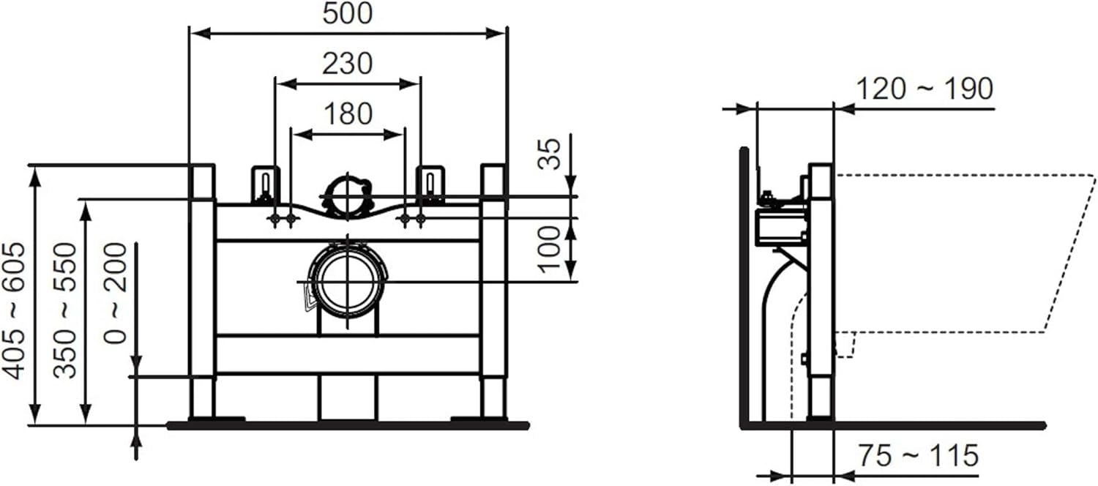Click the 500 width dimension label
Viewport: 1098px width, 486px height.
point(348,13)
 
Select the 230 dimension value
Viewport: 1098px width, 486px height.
point(348,64)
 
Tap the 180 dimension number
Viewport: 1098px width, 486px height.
point(348,113)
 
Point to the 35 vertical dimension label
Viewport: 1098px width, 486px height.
point(549,154)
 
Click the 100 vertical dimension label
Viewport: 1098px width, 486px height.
point(549,249)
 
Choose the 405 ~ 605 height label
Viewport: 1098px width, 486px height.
point(14,311)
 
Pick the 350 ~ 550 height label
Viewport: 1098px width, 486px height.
point(65,311)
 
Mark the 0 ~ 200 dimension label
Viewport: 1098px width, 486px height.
point(116,294)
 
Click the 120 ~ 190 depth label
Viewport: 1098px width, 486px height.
point(925,89)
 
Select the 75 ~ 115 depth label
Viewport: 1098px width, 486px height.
point(918,455)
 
